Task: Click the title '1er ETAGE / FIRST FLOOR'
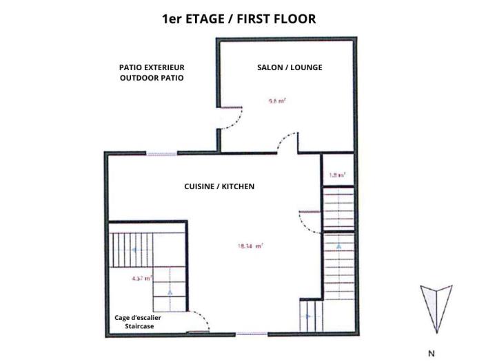[x=239, y=19]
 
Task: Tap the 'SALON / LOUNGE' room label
[x=290, y=67]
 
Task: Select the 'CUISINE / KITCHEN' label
[x=219, y=186]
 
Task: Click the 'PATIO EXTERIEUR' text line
[x=152, y=67]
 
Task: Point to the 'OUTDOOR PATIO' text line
[x=152, y=78]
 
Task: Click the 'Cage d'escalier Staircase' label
[x=138, y=321]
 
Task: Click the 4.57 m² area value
[x=141, y=279]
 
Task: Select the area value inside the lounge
[x=277, y=100]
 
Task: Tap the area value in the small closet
[x=336, y=175]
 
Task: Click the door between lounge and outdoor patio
[x=231, y=118]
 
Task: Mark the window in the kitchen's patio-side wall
[x=161, y=153]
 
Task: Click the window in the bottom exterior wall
[x=252, y=334]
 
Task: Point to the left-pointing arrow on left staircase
[x=135, y=250]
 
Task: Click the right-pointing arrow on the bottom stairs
[x=307, y=317]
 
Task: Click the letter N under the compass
[x=432, y=354]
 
